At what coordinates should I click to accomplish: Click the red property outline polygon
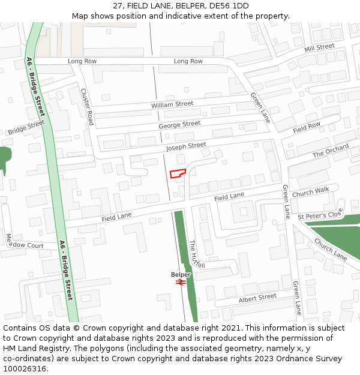point(178,173)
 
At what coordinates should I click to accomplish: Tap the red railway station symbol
point(181,282)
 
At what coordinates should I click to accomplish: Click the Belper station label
point(181,275)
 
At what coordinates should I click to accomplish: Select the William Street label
point(172,104)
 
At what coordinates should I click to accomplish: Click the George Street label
point(179,124)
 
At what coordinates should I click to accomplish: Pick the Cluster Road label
point(88,107)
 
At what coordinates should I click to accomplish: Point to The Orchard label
point(331,151)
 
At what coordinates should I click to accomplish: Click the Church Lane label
point(331,250)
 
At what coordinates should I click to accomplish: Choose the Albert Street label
point(257,298)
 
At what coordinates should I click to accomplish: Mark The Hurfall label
point(197,254)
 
